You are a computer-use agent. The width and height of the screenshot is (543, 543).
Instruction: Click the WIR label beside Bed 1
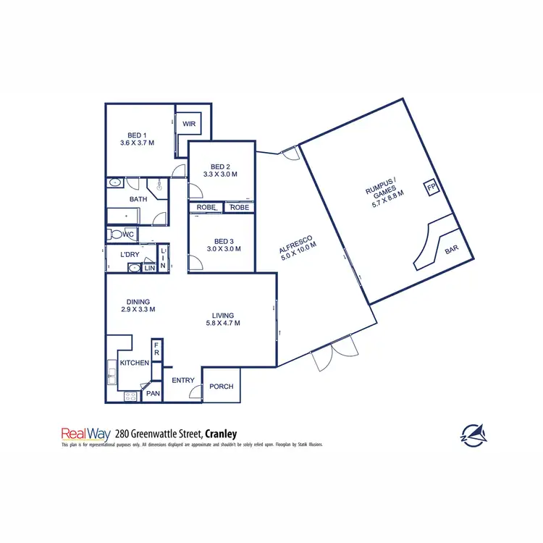pos(189,125)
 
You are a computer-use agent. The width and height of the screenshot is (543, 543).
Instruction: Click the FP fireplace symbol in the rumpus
pos(432,188)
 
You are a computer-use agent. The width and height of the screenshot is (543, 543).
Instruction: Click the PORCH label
pos(221,386)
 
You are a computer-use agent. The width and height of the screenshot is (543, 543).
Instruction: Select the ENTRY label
pos(183,379)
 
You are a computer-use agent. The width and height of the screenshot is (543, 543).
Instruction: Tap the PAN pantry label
pos(153,394)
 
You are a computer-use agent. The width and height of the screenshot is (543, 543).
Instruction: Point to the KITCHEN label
pos(135,363)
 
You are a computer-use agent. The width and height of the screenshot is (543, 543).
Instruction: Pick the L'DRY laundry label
pos(130,254)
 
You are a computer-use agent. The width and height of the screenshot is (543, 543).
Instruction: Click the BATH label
pos(138,199)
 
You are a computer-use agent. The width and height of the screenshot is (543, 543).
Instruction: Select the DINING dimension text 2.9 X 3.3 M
pos(138,309)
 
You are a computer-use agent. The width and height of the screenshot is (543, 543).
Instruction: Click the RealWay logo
pos(85,434)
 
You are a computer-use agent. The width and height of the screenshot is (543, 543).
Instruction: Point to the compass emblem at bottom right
pos(474,434)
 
